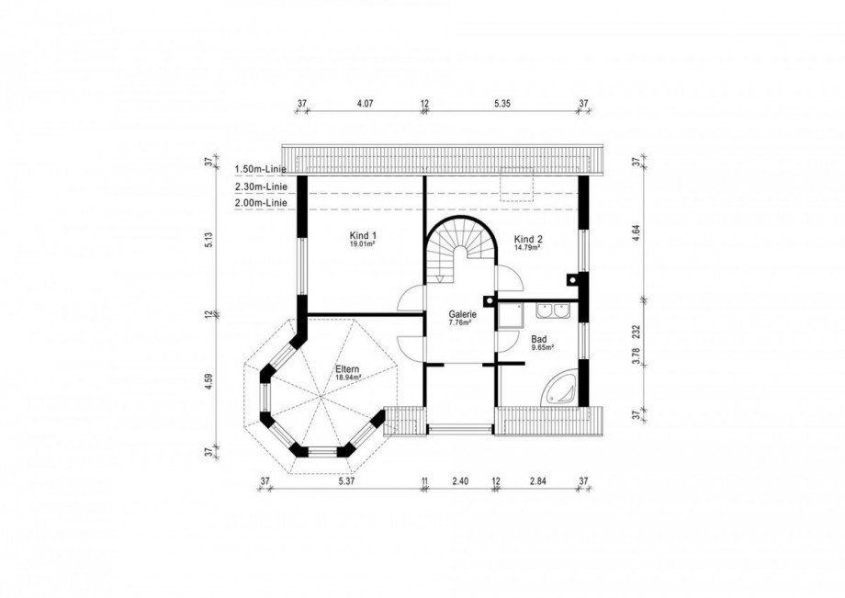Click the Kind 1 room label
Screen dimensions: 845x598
point(363,235)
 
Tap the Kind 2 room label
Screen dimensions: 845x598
point(527,239)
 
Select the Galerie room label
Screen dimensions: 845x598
point(462,315)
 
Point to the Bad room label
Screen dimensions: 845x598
point(539,339)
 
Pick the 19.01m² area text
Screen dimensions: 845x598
point(363,244)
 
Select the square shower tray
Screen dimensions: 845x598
point(510,315)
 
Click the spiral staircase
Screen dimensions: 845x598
point(461,248)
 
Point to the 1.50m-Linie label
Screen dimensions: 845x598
point(260,170)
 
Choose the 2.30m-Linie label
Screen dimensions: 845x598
point(261,186)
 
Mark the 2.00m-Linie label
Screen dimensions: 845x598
point(261,203)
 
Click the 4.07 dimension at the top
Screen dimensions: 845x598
point(366,104)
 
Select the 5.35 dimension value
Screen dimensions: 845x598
point(502,104)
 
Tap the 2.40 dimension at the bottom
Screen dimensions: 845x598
point(459,481)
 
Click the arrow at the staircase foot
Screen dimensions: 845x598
point(441,278)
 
